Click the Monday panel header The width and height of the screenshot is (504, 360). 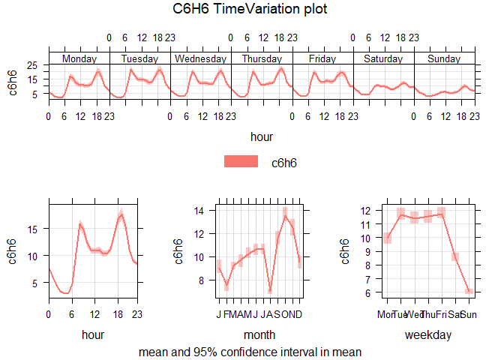(x=79, y=58)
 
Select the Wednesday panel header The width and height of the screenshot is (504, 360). (x=200, y=58)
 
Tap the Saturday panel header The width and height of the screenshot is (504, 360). (x=382, y=58)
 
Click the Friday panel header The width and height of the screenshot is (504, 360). (x=322, y=58)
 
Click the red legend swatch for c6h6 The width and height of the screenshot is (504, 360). (x=241, y=162)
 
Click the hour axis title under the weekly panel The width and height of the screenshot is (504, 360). (x=262, y=136)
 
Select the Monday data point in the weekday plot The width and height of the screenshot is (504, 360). (x=387, y=238)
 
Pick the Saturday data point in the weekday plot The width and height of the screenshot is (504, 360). (x=454, y=257)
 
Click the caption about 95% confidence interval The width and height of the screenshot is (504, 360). (x=250, y=351)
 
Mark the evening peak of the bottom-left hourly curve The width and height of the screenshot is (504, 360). (x=121, y=215)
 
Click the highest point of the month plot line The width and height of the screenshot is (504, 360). (x=285, y=216)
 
